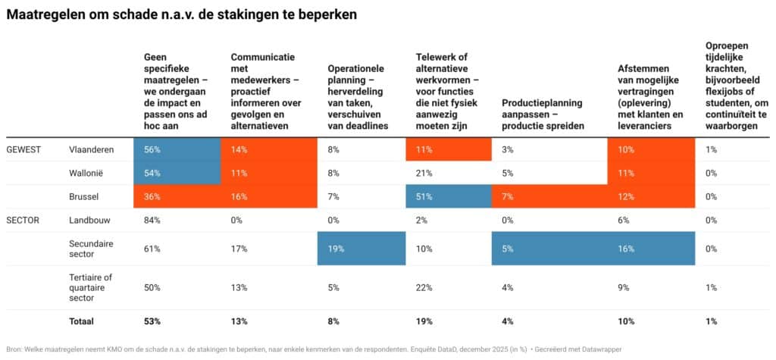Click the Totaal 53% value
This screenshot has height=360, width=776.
[x=152, y=321]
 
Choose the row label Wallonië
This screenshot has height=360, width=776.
[x=86, y=173]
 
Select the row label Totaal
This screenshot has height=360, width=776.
[x=81, y=321]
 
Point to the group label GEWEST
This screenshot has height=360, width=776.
[x=23, y=150]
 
